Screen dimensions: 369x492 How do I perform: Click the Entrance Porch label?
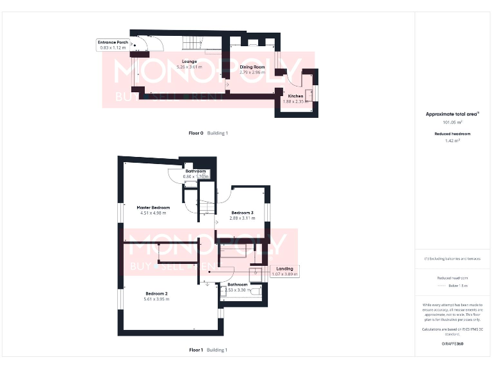click(113, 42)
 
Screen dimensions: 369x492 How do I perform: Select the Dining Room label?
click(252, 67)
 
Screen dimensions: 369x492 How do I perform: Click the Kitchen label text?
click(295, 96)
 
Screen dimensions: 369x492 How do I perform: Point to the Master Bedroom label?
click(154, 208)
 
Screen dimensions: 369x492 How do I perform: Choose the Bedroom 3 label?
click(242, 213)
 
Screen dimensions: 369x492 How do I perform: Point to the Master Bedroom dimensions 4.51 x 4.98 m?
click(154, 213)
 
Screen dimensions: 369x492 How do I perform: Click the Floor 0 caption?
click(195, 133)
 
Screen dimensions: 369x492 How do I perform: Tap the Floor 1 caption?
click(195, 350)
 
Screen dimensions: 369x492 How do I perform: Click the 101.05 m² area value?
click(452, 122)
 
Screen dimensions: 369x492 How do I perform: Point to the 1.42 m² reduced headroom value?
click(452, 141)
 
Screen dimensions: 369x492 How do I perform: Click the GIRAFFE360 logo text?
click(452, 344)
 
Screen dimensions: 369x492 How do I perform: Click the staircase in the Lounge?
click(192, 44)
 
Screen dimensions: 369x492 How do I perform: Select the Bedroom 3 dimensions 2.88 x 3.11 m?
click(242, 218)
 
